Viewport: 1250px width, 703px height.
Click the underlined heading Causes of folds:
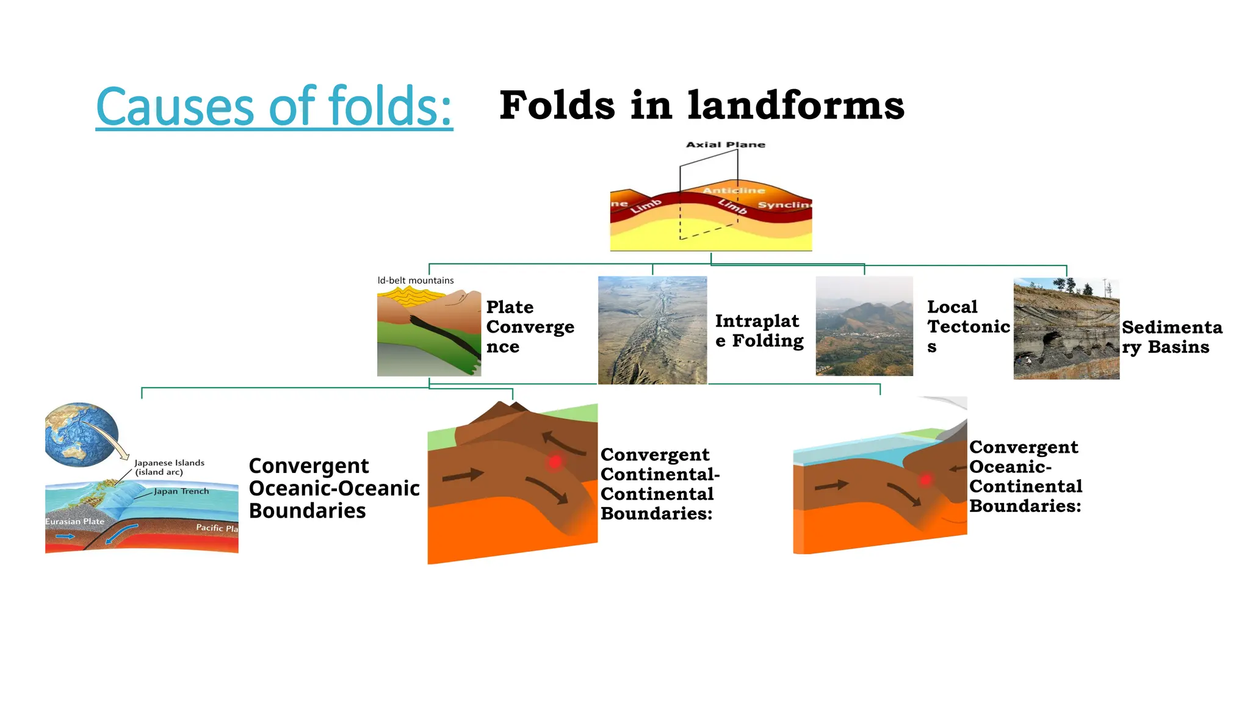click(274, 107)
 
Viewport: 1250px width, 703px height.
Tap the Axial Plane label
click(725, 145)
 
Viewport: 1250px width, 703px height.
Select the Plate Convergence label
click(529, 326)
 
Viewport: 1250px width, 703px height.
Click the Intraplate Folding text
click(759, 330)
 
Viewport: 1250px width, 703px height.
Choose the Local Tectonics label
click(967, 326)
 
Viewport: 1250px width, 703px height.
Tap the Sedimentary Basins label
click(1171, 337)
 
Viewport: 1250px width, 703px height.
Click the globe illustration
click(82, 434)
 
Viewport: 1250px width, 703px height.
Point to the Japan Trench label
click(181, 491)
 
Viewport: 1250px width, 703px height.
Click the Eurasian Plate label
click(74, 522)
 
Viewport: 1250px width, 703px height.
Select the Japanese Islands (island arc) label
click(168, 467)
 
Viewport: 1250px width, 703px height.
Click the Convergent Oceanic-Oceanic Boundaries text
click(333, 488)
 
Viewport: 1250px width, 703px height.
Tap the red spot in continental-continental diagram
click(555, 462)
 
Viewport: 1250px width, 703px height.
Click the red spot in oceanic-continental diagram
click(925, 480)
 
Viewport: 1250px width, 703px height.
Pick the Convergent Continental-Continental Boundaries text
click(659, 484)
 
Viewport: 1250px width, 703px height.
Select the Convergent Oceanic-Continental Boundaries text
click(1025, 477)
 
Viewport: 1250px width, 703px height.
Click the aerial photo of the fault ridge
click(652, 330)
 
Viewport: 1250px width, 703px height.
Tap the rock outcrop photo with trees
click(1066, 329)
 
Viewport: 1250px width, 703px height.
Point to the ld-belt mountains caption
click(415, 281)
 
